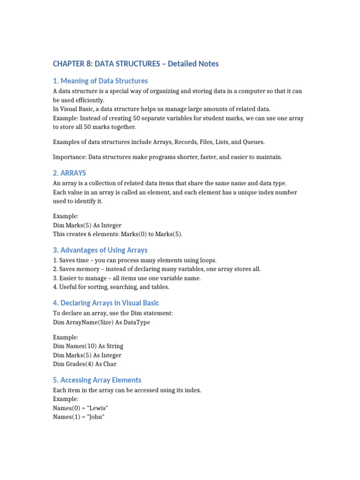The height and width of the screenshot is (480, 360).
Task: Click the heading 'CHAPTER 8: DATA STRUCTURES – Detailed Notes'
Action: tap(135, 63)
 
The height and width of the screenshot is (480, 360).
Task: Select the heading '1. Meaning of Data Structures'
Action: tap(100, 81)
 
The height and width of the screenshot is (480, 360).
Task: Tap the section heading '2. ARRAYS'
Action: tap(69, 172)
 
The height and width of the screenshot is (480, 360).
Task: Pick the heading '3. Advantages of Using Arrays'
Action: tap(100, 250)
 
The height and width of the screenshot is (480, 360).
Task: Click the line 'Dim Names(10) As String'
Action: tap(88, 346)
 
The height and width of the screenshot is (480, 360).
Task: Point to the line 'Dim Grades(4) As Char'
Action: tap(85, 364)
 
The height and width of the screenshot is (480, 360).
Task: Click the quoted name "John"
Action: tap(94, 417)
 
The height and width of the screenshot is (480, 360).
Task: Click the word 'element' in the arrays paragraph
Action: tap(152, 192)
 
